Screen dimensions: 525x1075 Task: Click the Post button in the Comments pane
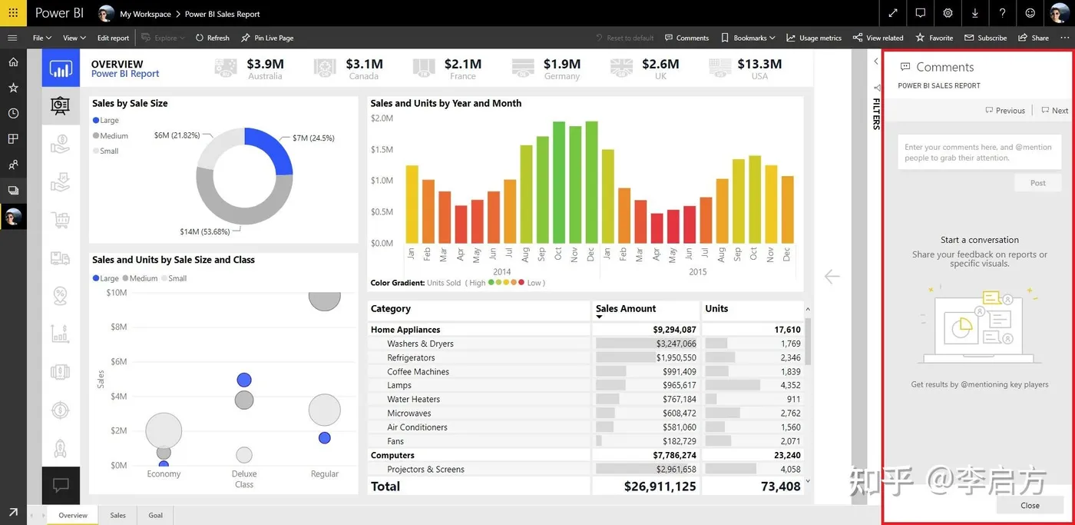(x=1037, y=183)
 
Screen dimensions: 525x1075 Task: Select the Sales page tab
(x=117, y=515)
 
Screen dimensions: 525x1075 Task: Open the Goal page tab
(x=156, y=515)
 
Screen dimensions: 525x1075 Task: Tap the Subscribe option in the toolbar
(x=986, y=38)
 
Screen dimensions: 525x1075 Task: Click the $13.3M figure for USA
(x=759, y=65)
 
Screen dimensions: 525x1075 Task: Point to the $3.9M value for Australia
(x=265, y=65)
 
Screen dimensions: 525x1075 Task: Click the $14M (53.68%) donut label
(x=204, y=231)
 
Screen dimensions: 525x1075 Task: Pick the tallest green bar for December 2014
(x=591, y=181)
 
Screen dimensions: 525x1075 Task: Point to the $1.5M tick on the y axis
(x=382, y=150)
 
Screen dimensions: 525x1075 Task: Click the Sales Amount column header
(x=626, y=309)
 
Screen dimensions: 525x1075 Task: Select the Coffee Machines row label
(x=418, y=372)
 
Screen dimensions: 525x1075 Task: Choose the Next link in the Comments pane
(x=1055, y=111)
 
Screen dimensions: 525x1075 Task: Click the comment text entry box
(x=979, y=152)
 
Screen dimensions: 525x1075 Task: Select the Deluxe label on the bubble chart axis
(x=244, y=474)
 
